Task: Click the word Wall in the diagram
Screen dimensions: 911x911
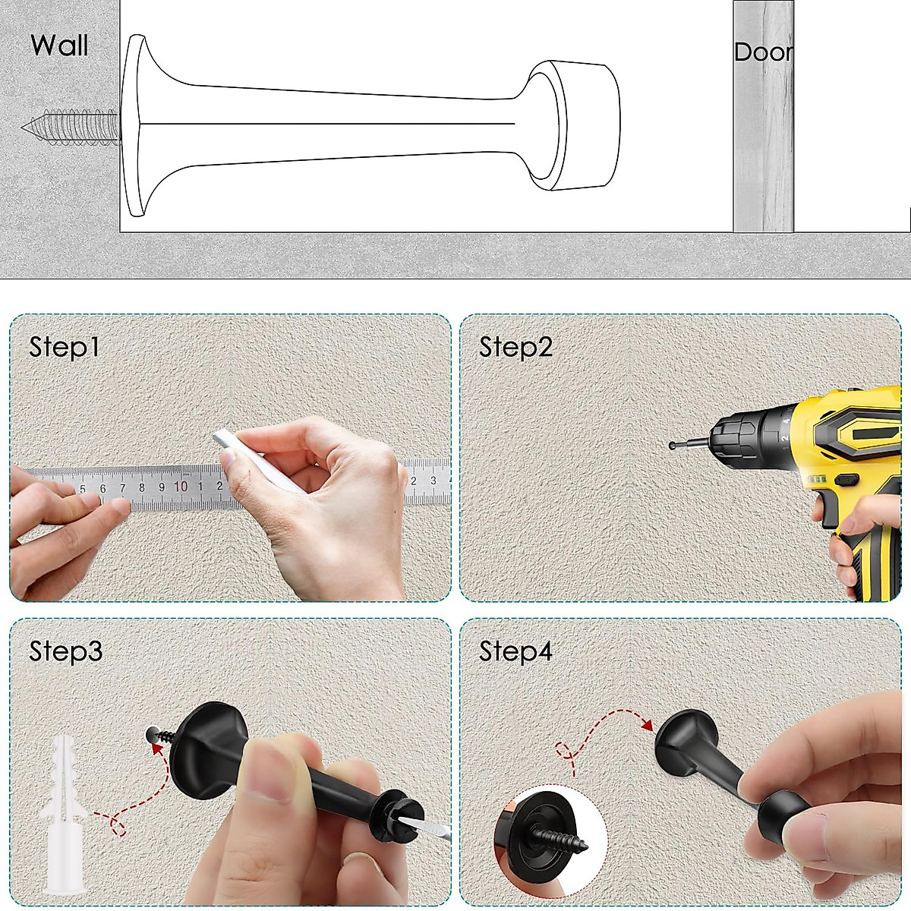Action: point(59,46)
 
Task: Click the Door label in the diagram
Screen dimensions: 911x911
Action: point(763,52)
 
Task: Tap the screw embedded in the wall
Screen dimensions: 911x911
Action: point(72,125)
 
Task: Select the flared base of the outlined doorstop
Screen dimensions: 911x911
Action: point(137,125)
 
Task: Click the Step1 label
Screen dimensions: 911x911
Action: point(65,347)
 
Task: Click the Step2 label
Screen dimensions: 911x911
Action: point(515,347)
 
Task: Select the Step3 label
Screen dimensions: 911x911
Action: point(65,651)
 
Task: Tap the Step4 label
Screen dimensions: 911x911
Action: point(515,651)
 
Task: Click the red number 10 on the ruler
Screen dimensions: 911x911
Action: point(181,487)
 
